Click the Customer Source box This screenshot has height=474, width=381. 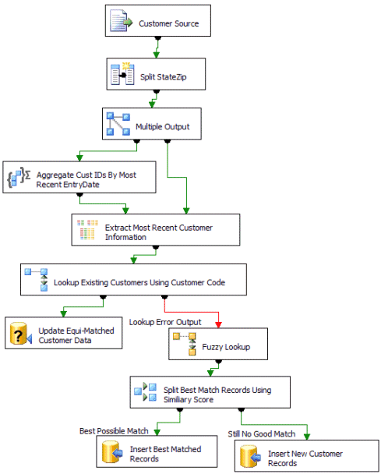point(158,20)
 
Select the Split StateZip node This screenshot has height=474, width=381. point(156,74)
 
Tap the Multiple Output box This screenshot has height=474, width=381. point(152,124)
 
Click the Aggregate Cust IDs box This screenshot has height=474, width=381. point(79,177)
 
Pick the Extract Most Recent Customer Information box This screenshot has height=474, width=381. point(156,230)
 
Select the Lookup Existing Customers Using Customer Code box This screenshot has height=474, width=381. point(133,280)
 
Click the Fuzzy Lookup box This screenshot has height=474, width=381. point(218,344)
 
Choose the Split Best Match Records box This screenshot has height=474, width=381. point(210,392)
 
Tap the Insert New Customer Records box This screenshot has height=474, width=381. point(307,456)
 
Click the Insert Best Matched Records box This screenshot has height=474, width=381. point(157,451)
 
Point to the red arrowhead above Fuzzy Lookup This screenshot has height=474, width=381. point(218,325)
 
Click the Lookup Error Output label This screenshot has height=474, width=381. point(165,322)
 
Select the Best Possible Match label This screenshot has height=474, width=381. point(114,431)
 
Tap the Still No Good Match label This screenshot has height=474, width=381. point(262,434)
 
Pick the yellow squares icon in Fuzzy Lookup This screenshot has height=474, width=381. point(185,344)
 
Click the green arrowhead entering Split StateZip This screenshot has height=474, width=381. point(156,55)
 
